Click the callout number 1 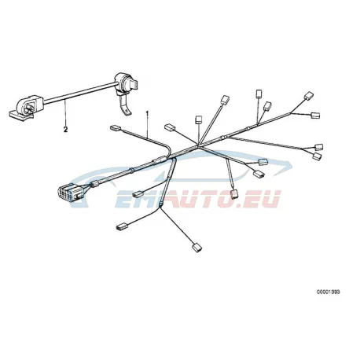[x=147, y=113]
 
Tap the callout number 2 [x=65, y=129]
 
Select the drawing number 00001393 [x=329, y=292]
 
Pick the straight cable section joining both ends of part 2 [x=79, y=94]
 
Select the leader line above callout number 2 [x=65, y=113]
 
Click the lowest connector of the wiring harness [x=197, y=248]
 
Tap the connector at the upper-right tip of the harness [x=309, y=96]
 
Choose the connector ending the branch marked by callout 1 [x=115, y=128]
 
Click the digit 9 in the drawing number [x=335, y=292]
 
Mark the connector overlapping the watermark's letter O [x=234, y=194]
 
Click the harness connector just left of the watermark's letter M [x=138, y=194]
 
